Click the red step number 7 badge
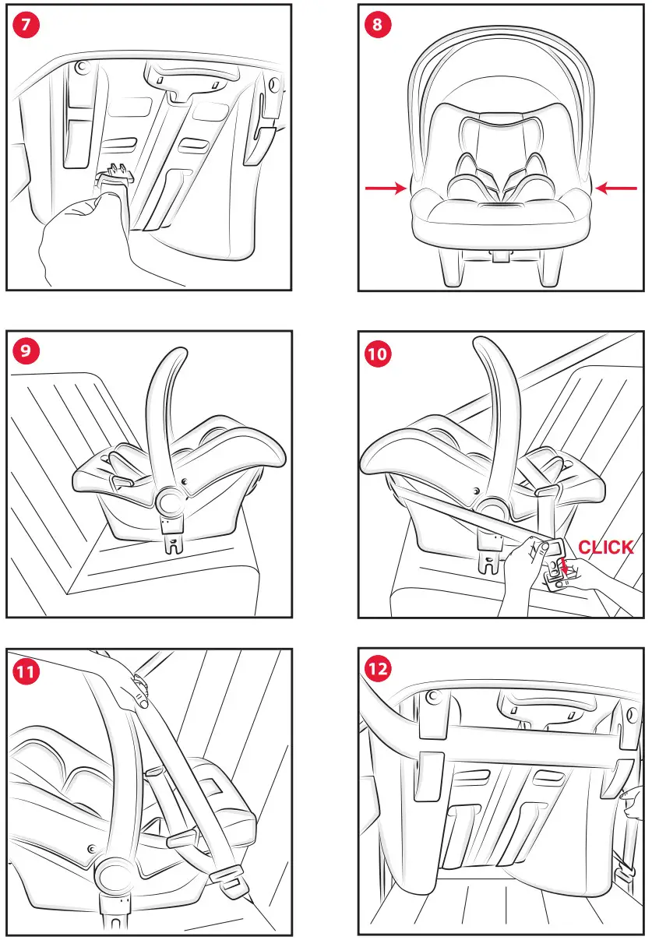(26, 24)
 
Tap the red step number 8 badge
(378, 24)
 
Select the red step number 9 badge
(26, 351)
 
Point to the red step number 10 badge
(378, 353)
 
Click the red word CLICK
(605, 547)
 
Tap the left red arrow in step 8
(386, 188)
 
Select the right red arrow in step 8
(615, 188)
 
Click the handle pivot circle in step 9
(167, 503)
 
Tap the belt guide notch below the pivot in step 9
(173, 542)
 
